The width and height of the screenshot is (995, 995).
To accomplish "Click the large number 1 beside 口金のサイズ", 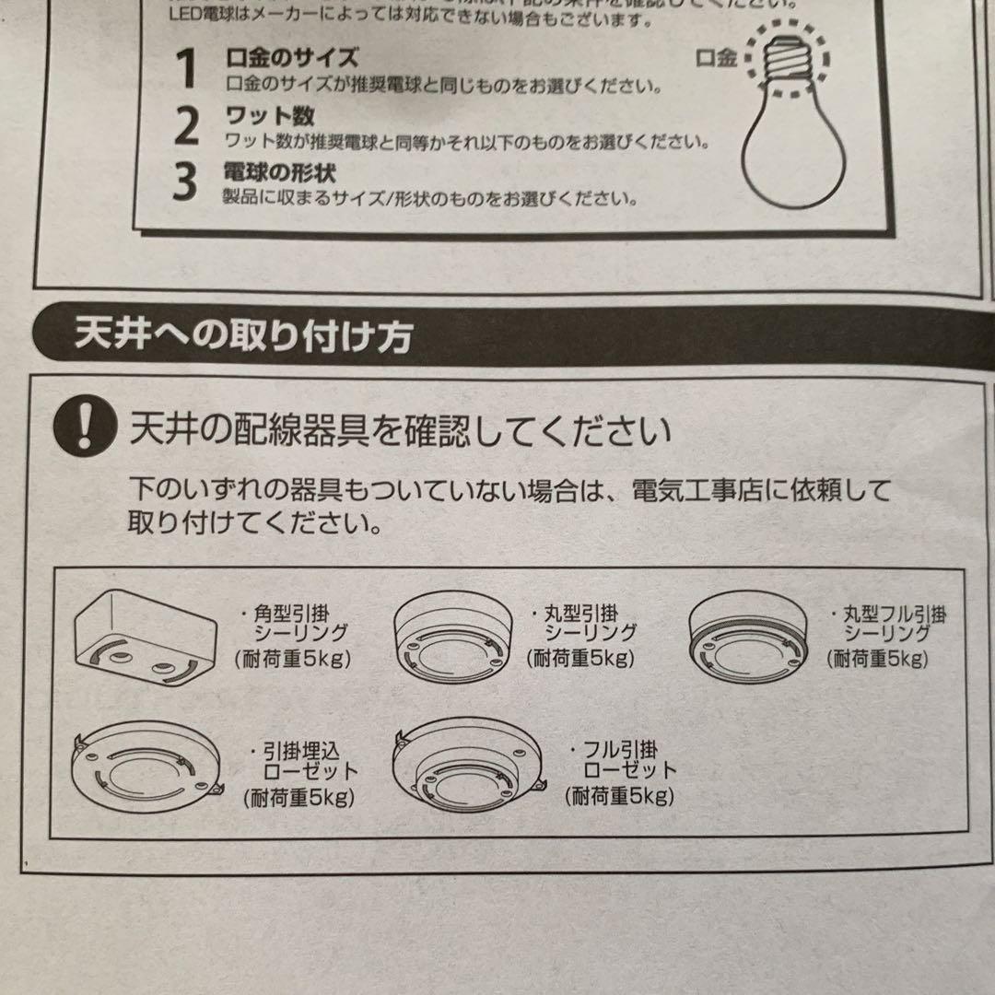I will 187,69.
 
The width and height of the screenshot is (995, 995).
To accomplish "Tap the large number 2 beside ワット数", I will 187,126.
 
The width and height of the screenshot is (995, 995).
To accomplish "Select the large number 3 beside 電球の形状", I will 186,181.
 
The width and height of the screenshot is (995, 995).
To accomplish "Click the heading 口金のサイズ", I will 292,57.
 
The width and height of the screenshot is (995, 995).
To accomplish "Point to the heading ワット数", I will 271,115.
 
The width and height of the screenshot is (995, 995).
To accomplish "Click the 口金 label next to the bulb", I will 716,59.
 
